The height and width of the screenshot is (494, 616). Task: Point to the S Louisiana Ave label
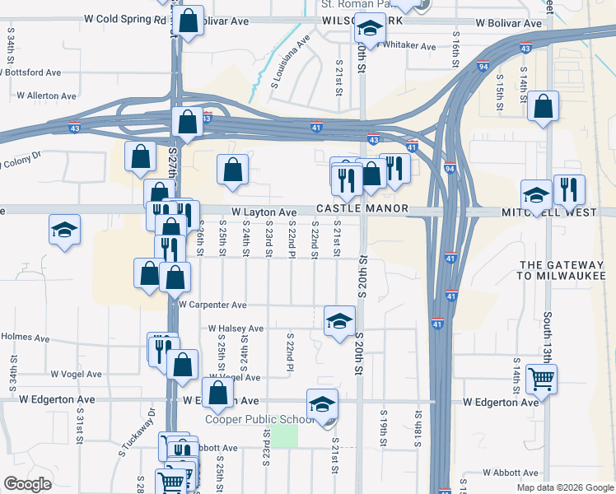coord(290,60)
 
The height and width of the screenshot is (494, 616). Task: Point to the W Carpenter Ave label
coord(212,305)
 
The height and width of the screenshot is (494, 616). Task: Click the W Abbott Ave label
coord(510,473)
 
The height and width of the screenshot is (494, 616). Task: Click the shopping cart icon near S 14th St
coord(541,379)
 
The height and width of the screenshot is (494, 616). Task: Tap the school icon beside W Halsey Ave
coord(338,322)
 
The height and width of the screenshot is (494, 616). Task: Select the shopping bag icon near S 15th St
coord(543,106)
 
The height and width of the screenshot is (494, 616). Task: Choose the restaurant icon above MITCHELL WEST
coord(568,189)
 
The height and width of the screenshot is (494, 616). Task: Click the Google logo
coord(28,484)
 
